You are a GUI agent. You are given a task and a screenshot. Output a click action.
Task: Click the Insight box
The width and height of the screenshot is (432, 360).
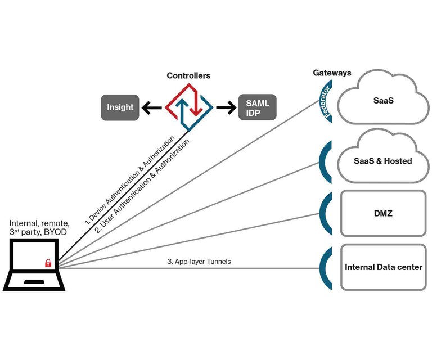click(x=120, y=107)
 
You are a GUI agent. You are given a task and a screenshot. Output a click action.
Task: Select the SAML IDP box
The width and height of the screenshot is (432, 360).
click(x=258, y=107)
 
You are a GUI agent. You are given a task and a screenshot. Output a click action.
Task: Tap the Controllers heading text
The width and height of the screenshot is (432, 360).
click(x=188, y=75)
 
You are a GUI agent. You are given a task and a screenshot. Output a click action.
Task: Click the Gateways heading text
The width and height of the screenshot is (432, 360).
click(x=332, y=73)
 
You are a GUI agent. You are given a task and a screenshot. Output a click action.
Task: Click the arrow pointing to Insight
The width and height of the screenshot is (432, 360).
click(x=152, y=107)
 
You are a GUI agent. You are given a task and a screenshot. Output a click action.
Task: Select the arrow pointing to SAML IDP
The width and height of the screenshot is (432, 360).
click(x=225, y=107)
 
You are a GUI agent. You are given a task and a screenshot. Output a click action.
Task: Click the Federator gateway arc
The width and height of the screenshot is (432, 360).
click(x=325, y=101)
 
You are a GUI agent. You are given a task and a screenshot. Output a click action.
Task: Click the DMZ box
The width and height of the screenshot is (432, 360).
click(x=382, y=213)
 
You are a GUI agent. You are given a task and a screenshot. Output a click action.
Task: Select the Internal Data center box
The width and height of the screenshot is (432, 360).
click(x=383, y=267)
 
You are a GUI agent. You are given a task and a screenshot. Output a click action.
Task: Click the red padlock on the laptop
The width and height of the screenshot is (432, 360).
click(x=48, y=263)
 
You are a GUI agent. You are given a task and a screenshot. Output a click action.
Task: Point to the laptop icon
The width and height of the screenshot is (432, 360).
click(x=34, y=265)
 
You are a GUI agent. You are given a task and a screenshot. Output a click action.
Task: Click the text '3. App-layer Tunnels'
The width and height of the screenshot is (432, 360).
click(x=199, y=262)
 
